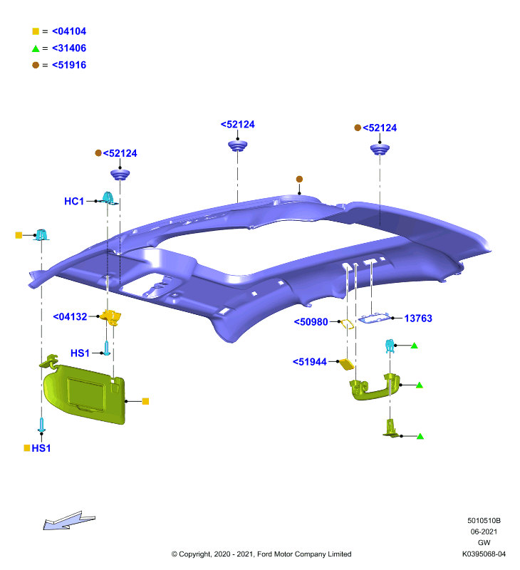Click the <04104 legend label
(69, 31)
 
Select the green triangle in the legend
(36, 48)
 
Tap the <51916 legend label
(69, 65)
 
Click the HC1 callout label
(74, 201)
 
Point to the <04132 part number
(70, 316)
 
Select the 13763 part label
(418, 318)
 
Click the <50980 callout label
(311, 322)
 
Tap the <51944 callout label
(310, 362)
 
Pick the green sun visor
(84, 393)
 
